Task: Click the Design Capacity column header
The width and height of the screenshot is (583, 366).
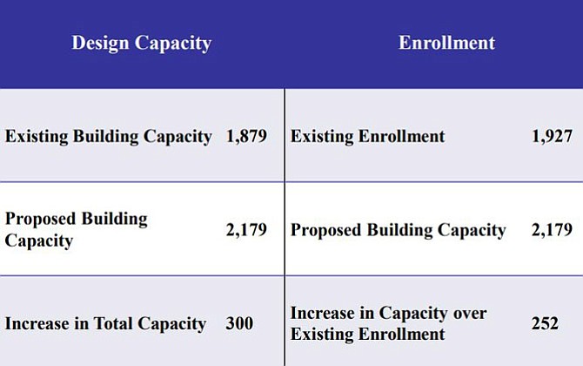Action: point(141,44)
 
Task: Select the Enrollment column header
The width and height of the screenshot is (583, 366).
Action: point(446,43)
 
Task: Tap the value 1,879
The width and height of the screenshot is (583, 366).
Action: point(246,136)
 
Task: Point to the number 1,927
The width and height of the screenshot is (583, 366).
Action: point(553,136)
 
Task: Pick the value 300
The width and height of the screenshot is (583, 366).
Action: point(239,323)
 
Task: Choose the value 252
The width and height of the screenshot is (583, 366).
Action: point(545,323)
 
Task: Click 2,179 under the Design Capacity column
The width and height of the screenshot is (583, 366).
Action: point(246,230)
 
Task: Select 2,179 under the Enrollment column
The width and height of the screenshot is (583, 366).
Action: point(553,230)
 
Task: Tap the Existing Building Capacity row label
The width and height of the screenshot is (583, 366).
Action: point(109,137)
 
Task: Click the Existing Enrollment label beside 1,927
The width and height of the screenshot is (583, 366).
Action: point(368,136)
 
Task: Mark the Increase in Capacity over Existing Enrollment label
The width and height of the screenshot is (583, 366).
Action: point(389,323)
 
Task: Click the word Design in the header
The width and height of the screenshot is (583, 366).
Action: point(100,44)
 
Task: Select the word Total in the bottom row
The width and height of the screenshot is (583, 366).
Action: point(113,323)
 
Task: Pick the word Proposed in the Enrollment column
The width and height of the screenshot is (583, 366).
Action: point(326,230)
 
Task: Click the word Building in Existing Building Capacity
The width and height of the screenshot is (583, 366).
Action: point(105,137)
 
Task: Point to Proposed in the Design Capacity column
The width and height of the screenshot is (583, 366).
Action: point(41,219)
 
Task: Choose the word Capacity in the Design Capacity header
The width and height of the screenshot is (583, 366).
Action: point(173,44)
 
